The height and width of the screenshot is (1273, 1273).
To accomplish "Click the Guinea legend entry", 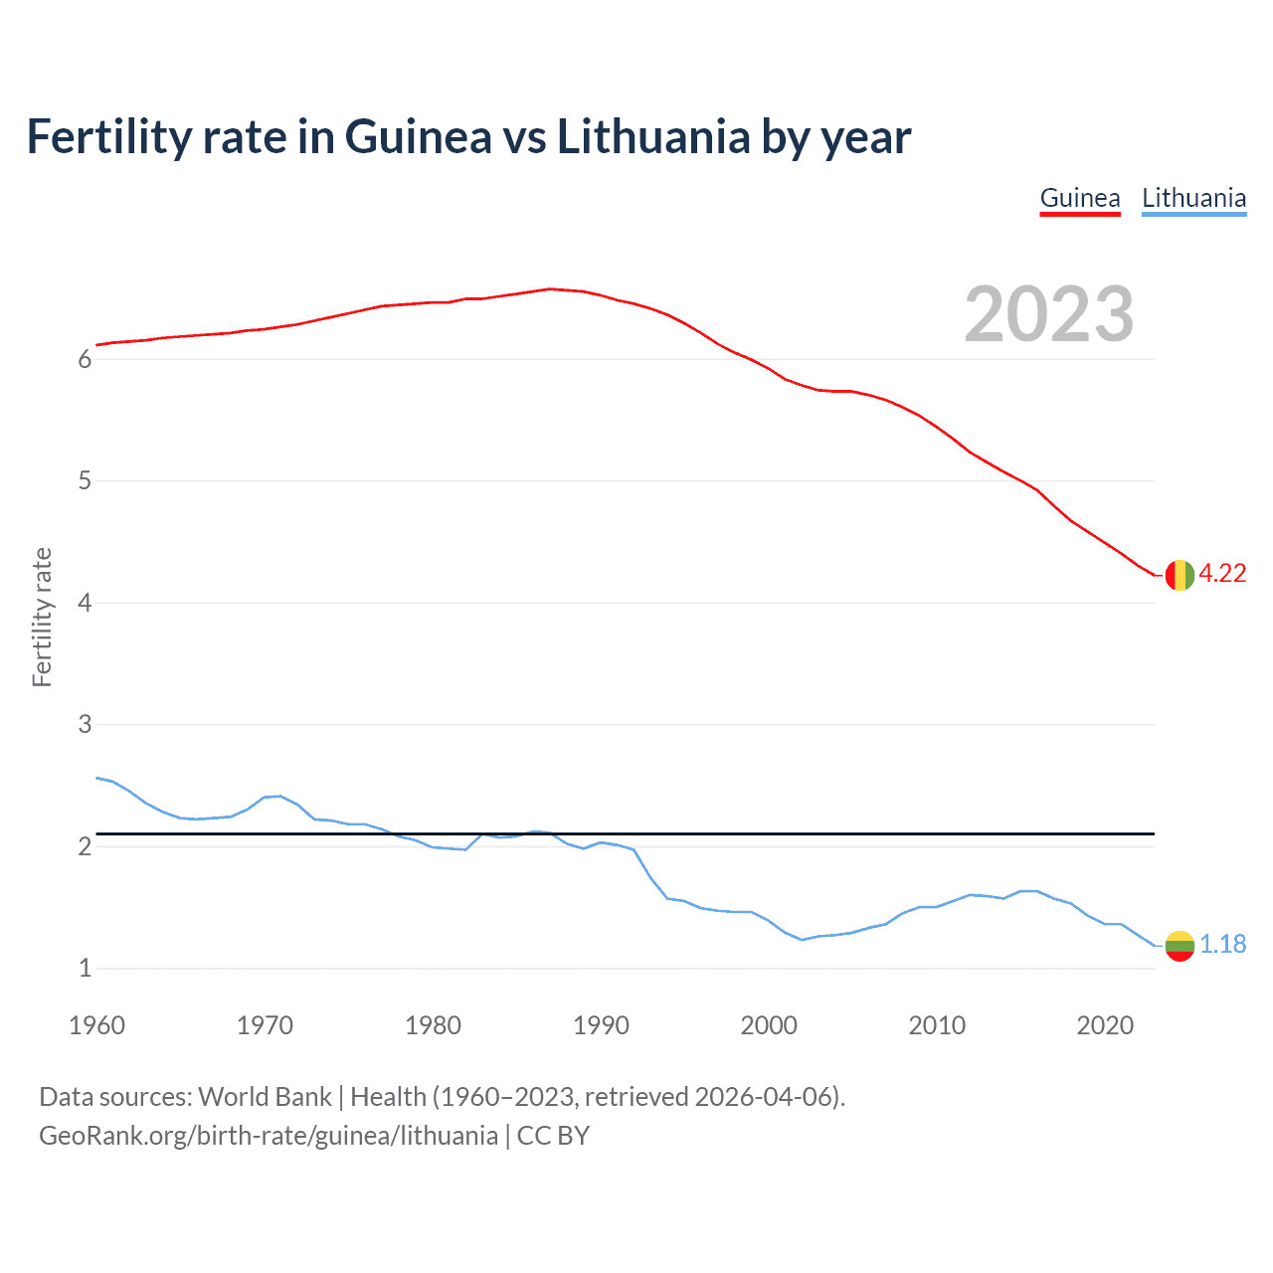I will tap(1080, 198).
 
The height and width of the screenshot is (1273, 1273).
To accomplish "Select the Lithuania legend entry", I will tap(1193, 198).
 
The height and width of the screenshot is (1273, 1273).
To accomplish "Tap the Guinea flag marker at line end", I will tap(1179, 575).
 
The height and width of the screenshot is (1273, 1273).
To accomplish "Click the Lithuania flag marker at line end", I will tap(1179, 945).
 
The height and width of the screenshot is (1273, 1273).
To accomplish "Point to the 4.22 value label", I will tap(1222, 574).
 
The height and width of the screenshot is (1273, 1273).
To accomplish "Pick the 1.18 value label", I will tap(1222, 944).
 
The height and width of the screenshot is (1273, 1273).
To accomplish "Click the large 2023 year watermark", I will tap(1048, 314).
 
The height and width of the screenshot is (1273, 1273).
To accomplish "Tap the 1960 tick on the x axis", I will tap(96, 1025).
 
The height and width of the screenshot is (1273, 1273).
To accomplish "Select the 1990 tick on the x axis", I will tap(601, 1025).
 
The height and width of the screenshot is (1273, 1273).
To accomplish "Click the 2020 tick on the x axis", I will tap(1105, 1025).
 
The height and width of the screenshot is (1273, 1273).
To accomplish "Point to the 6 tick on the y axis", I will tap(85, 360).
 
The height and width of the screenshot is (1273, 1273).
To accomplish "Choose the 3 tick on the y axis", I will tap(85, 725).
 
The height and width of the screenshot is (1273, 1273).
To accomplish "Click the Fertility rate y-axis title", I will tap(42, 617).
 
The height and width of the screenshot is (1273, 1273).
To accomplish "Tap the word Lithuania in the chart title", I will tap(653, 136).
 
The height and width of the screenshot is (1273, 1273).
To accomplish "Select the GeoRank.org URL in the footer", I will tap(269, 1136).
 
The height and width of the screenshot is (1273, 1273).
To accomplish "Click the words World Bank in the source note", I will tap(265, 1097).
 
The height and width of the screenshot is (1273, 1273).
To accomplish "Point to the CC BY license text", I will tap(553, 1136).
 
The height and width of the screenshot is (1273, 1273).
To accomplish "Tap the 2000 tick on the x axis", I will tap(769, 1025).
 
